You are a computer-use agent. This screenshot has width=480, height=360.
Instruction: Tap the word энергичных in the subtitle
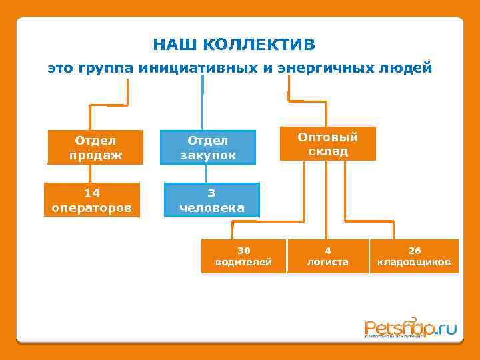[x=327, y=68]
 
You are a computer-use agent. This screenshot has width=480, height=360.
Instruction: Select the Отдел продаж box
[x=95, y=147]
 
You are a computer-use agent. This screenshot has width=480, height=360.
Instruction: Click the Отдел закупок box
[x=208, y=147]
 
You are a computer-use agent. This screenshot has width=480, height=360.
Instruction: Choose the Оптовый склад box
[x=327, y=144]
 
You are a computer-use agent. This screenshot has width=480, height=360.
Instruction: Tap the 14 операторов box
[x=92, y=200]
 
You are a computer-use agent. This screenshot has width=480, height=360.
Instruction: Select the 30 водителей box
[x=243, y=256]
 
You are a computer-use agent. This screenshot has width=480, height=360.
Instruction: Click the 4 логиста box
[x=327, y=256]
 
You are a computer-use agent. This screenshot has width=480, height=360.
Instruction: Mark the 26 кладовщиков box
[x=414, y=256]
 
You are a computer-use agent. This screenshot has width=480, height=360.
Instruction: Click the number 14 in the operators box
[x=92, y=193]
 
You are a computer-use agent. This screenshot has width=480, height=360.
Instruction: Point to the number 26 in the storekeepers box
[x=414, y=250]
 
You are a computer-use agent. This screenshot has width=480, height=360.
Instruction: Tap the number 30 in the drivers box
[x=243, y=250]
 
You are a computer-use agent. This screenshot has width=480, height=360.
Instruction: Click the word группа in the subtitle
[x=107, y=68]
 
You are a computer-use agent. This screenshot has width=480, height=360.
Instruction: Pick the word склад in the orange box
[x=327, y=151]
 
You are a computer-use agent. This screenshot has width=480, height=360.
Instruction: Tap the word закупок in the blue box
[x=208, y=155]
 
